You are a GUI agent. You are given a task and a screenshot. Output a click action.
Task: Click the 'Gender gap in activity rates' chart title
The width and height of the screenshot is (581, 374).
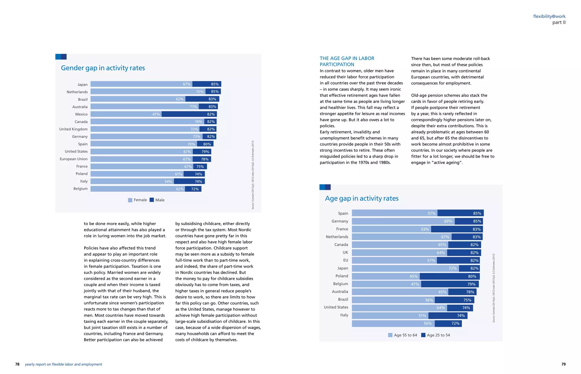pos(103,68)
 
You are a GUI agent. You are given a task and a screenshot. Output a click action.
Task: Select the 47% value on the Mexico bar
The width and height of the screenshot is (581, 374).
pos(156,114)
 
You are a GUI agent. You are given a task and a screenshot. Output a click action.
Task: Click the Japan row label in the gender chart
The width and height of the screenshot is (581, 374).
pos(83,84)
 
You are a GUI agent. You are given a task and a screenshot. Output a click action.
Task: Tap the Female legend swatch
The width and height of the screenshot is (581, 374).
pos(130,200)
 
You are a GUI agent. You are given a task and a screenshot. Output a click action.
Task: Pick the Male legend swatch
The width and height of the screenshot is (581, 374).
pos(152,200)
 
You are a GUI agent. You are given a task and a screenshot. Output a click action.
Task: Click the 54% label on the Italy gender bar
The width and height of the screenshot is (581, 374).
pos(168,181)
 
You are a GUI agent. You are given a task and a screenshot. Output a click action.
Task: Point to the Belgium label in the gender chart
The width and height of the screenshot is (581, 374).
pos(81,189)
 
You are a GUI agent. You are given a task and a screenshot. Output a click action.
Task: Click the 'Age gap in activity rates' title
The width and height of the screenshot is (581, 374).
pos(362,198)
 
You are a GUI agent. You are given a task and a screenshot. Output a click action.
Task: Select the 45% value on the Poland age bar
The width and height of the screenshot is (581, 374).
pos(413,276)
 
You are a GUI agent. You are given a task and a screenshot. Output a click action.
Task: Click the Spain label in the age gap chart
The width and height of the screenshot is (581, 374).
pos(343,213)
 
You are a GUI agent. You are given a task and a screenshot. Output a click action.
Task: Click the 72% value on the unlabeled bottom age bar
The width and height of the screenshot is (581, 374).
pos(455,323)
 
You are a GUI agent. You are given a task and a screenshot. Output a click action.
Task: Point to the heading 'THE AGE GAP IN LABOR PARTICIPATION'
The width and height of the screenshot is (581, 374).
pos(347,61)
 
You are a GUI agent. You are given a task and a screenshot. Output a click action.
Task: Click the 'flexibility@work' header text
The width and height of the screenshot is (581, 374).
pos(549,16)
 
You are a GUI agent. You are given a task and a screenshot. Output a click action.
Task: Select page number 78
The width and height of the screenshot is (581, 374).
pos(17,364)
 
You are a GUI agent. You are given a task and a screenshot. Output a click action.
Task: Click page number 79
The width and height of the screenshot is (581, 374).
pos(563,364)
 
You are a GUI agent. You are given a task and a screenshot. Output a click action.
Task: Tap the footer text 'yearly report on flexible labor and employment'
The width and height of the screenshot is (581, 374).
pos(64,364)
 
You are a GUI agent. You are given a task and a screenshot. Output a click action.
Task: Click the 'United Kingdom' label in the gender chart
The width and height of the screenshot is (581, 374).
pos(73,129)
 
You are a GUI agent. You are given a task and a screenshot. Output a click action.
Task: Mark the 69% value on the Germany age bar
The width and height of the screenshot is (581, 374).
pos(448,221)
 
